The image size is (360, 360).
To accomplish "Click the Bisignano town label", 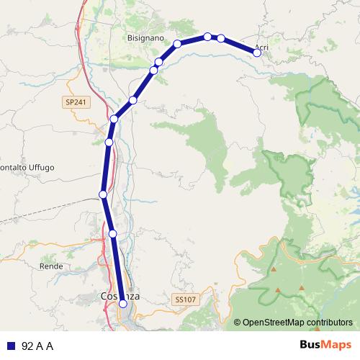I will coord(146,37).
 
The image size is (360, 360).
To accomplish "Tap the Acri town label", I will coord(261,48).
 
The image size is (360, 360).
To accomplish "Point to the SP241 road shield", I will coord(73,103).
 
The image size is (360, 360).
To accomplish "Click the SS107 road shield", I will coord(185,297).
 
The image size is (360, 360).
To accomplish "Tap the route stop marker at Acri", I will coord(257,52).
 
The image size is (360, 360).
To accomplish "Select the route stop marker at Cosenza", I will coord(123,304).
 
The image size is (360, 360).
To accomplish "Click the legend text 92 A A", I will coord(37,346).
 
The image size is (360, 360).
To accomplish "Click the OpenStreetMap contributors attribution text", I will coord(297,323).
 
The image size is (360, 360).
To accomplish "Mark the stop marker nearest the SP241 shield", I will coord(114,119).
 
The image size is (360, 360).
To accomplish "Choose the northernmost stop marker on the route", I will coord(207,36).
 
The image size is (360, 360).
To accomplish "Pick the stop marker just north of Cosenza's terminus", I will coord(113,233).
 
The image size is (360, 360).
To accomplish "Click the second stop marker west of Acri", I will coord(207,36).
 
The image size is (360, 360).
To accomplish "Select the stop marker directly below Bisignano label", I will coord(158,62).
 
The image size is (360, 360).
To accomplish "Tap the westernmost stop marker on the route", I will coord(103,194).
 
